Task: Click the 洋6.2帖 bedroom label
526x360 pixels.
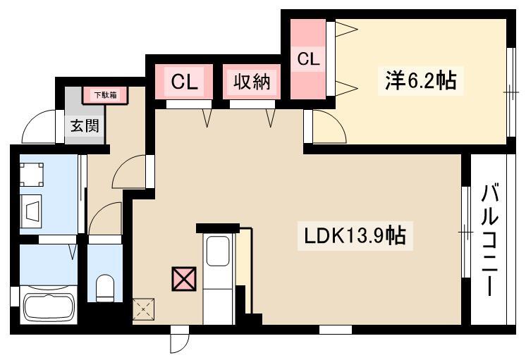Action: point(421,81)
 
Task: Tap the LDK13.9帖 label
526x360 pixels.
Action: point(355,236)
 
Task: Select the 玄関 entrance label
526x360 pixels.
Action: point(85,125)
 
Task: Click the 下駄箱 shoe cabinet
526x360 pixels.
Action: point(105,95)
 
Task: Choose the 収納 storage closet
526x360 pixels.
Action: point(252,82)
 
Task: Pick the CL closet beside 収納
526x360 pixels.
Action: point(184,82)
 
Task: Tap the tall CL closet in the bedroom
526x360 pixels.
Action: point(308,59)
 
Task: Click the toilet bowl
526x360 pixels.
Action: point(104,288)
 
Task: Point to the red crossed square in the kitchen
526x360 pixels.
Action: point(184,278)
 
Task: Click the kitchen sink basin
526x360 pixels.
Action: point(218,251)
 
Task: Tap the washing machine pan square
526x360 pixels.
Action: point(32,174)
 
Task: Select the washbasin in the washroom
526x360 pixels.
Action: point(31,211)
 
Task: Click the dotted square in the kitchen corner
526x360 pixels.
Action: point(144,309)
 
